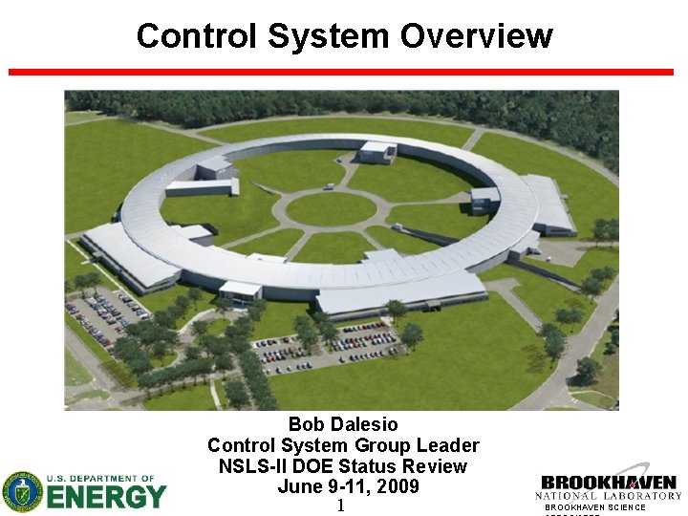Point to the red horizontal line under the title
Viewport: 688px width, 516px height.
[x=340, y=72]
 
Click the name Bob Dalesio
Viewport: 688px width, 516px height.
[x=343, y=424]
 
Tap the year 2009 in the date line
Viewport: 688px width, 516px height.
[x=397, y=486]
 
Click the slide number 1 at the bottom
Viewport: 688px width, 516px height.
[x=340, y=505]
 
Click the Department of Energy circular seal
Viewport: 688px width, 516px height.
[x=22, y=491]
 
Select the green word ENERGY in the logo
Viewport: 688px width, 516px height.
[x=106, y=497]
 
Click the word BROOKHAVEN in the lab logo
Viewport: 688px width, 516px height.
[x=608, y=483]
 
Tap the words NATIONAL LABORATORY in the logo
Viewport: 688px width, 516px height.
[x=608, y=496]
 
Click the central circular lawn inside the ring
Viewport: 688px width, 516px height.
[x=331, y=208]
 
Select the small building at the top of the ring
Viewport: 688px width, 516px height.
[x=376, y=151]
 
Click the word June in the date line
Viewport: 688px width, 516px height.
[x=298, y=486]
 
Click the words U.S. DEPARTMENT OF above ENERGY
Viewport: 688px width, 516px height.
[x=106, y=478]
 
